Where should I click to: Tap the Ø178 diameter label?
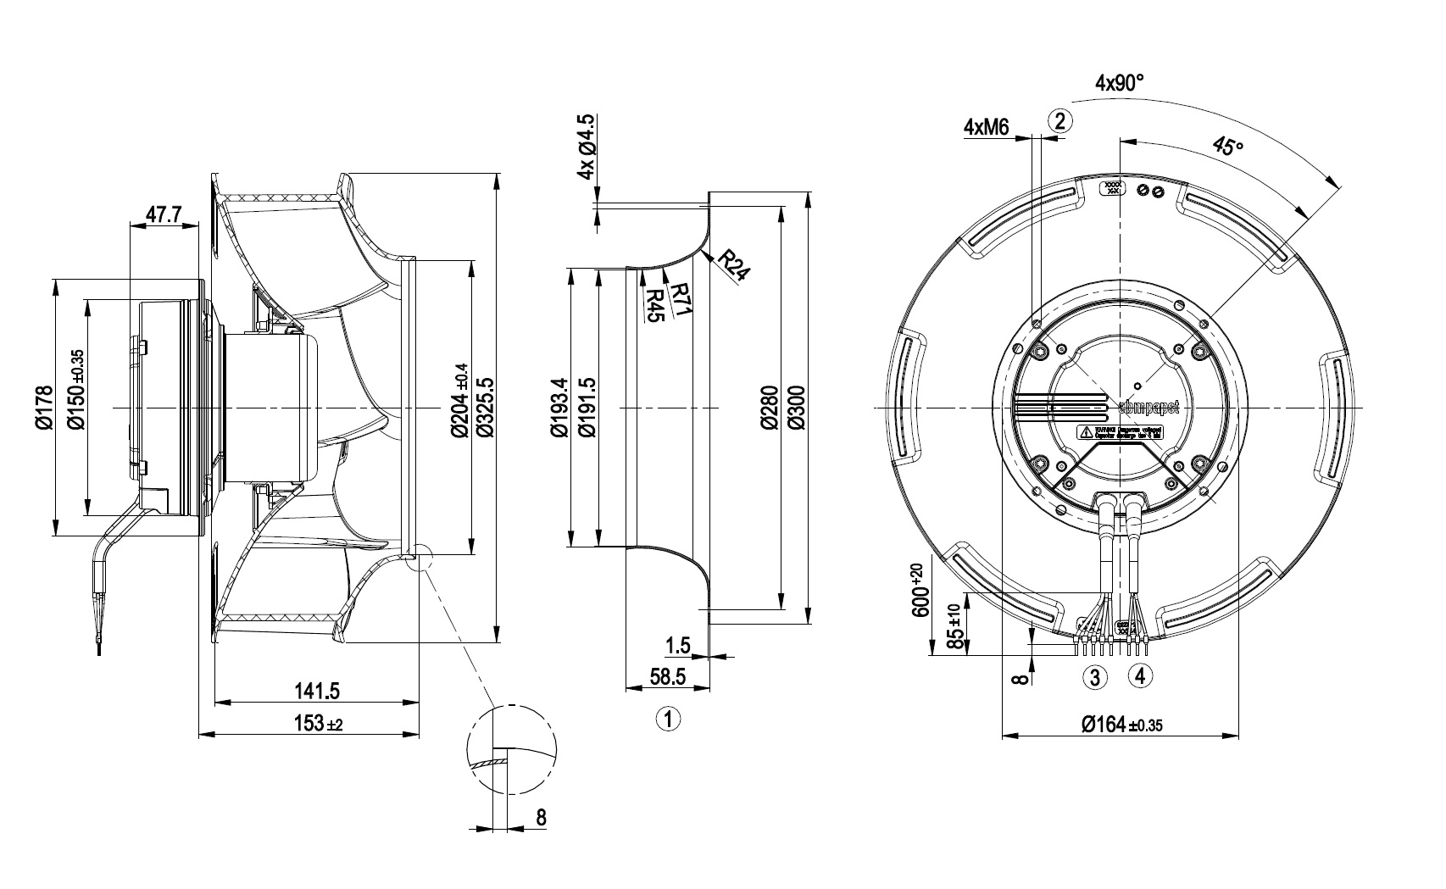[45, 408]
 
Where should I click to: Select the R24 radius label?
[733, 267]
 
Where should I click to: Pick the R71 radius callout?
[681, 302]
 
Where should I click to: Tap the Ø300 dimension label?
[796, 408]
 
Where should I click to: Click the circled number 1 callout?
[668, 720]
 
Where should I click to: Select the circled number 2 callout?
[1060, 120]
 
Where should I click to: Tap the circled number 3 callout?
[1095, 677]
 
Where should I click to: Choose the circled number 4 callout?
[1140, 676]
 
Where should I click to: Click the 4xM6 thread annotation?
[986, 127]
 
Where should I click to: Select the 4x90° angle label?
[1120, 83]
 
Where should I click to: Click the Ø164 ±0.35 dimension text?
[1120, 724]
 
